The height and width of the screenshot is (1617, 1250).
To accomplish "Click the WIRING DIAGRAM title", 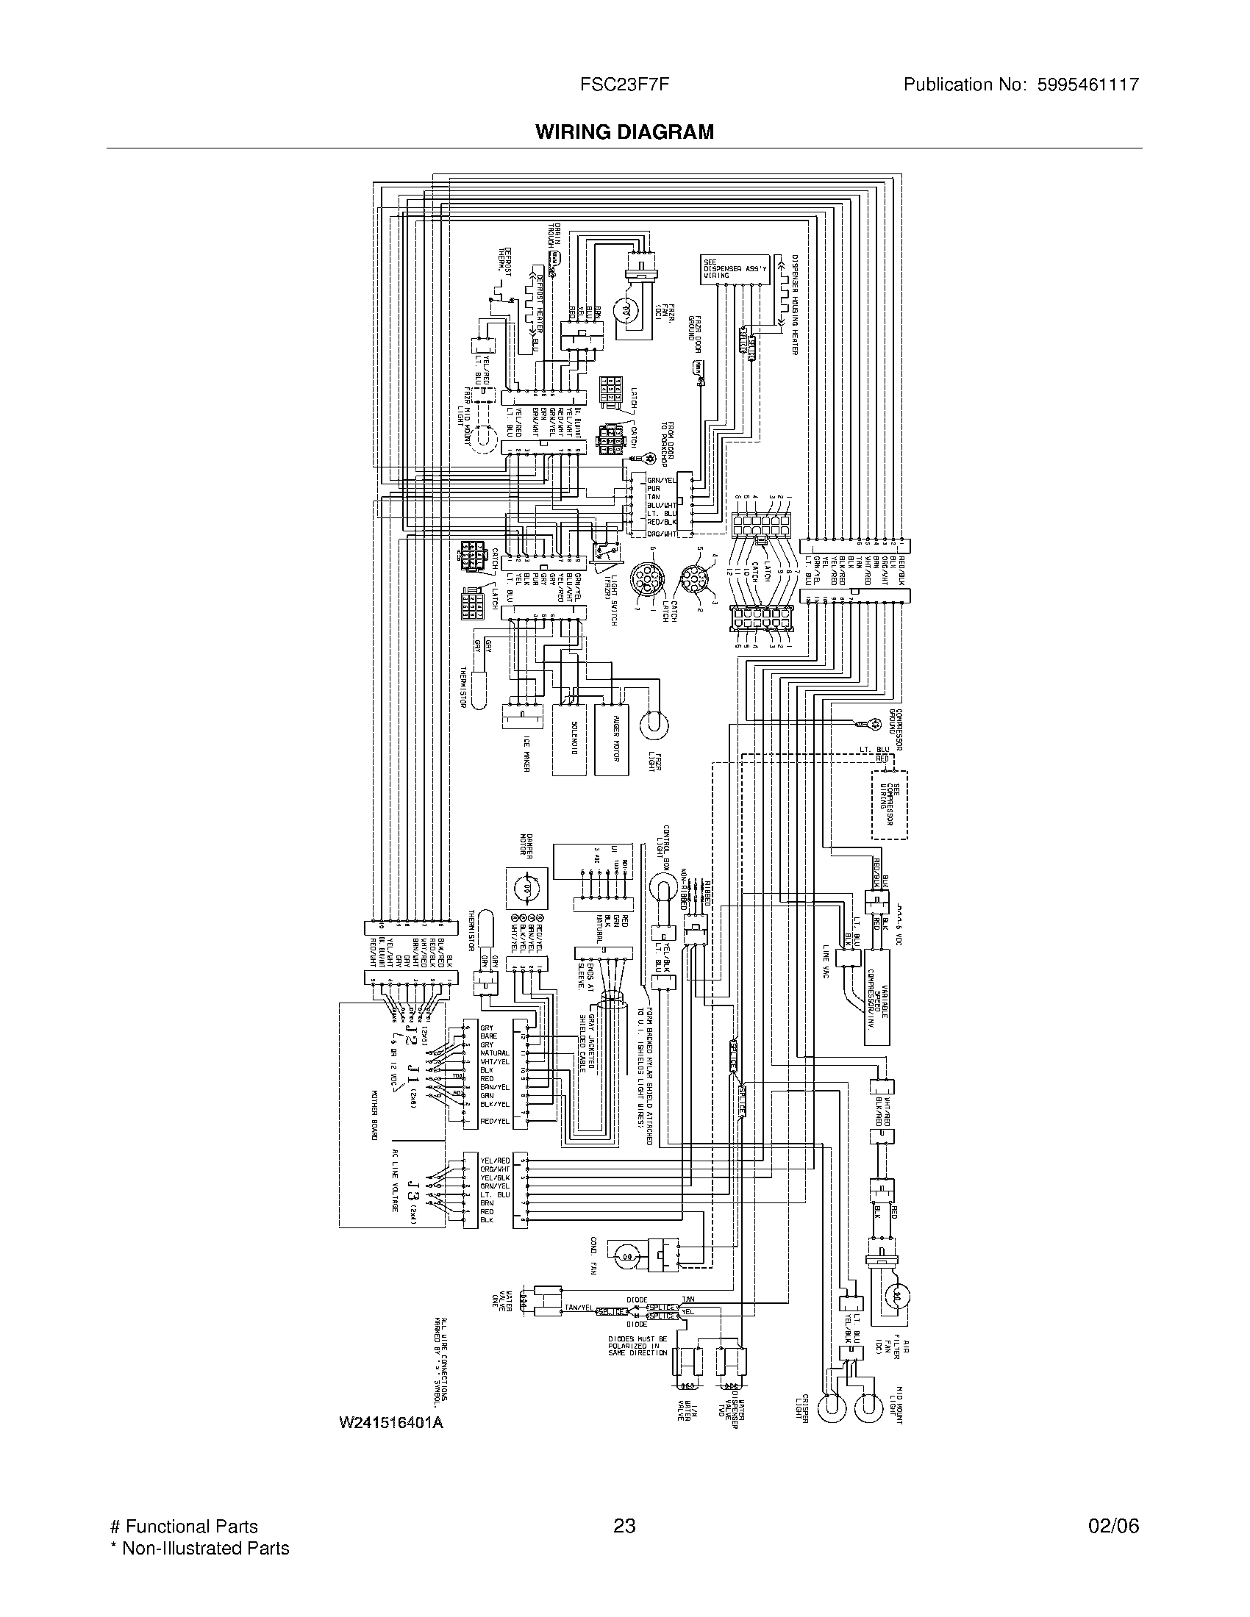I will [624, 132].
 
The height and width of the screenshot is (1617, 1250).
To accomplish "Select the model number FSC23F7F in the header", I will [624, 85].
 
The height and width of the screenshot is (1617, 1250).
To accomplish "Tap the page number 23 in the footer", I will [624, 1526].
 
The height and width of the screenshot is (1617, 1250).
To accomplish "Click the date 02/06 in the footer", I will [1113, 1526].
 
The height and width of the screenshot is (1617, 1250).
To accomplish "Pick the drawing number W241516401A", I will [391, 1422].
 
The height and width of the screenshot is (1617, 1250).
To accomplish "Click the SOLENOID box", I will [569, 739].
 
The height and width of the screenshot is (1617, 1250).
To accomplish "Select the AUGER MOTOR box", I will [612, 739].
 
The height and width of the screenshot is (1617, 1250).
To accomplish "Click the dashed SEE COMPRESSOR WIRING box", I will [890, 804].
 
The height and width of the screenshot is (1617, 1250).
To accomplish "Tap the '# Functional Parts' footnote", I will [184, 1526].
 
